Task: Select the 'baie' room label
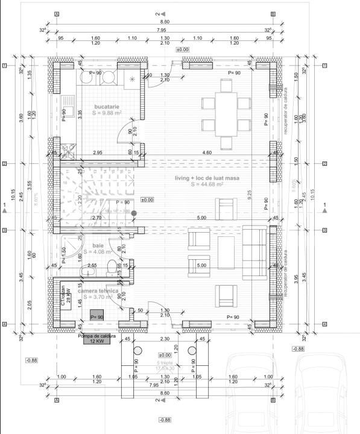pos(98,246)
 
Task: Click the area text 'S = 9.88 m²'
pos(107,113)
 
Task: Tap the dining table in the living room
pos(226,115)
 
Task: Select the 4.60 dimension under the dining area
pos(207,153)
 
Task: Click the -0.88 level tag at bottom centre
pos(165,420)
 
